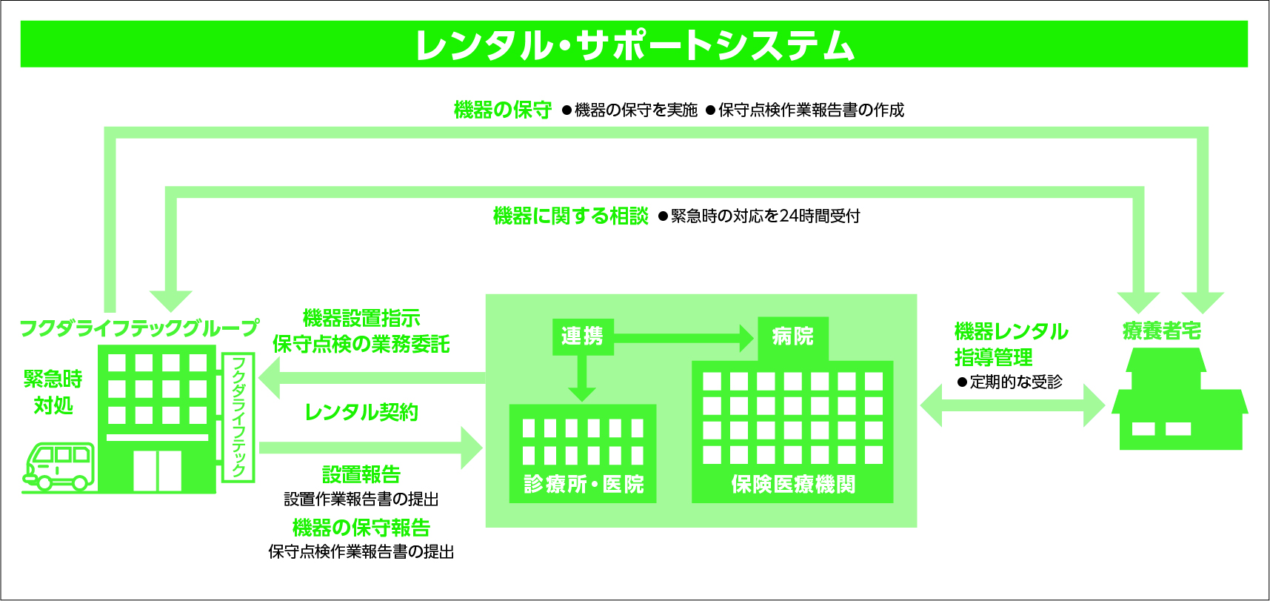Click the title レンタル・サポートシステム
tap(635, 45)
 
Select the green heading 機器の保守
tap(503, 110)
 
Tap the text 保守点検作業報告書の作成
tap(811, 110)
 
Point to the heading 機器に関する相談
tap(571, 216)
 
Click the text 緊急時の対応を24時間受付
tap(765, 216)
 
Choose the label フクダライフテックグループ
tap(139, 328)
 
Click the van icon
tap(60, 466)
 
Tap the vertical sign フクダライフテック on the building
tap(238, 417)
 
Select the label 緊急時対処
tap(53, 392)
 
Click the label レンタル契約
tap(361, 412)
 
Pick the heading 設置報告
tap(361, 474)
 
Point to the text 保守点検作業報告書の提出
tap(361, 551)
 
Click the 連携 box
tap(583, 336)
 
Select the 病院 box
tap(792, 338)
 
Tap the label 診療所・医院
tap(584, 485)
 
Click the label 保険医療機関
tap(792, 485)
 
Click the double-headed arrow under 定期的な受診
tap(1012, 405)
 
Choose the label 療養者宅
tap(1162, 331)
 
